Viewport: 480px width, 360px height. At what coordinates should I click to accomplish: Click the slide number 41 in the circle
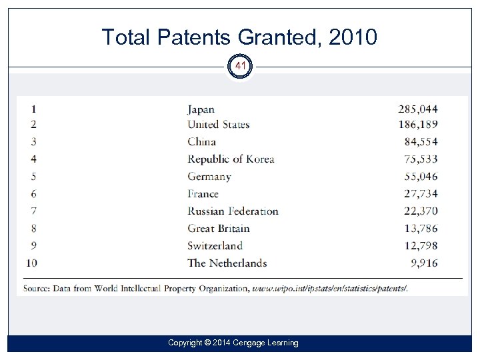point(241,67)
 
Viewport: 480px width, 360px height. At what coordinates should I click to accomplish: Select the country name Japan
point(201,109)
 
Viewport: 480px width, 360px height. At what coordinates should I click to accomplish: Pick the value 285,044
point(418,109)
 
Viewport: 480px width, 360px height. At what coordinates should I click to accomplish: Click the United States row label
point(218,125)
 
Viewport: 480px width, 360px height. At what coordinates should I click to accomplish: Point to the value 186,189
point(418,125)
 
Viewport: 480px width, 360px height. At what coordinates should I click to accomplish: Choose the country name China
point(201,141)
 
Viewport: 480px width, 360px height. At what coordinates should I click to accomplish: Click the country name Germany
point(209,177)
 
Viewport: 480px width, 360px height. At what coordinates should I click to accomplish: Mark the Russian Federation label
point(233,211)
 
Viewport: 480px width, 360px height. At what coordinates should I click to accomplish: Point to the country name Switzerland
point(215,246)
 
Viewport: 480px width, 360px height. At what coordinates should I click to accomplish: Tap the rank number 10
point(32,263)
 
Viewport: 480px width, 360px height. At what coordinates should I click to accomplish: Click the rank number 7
point(33,211)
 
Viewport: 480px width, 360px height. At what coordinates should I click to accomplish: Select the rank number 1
point(33,109)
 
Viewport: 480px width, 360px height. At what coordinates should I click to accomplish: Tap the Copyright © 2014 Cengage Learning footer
point(233,343)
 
